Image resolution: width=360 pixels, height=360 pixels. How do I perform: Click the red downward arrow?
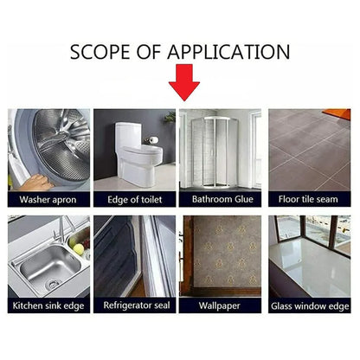[x=184, y=82]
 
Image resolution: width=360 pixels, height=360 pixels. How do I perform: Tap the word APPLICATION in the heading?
[x=228, y=52]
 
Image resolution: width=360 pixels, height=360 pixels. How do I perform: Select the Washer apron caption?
[x=48, y=200]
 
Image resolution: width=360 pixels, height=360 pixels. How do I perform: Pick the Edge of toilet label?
[x=134, y=200]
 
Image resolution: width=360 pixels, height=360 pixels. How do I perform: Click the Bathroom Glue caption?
[x=222, y=199]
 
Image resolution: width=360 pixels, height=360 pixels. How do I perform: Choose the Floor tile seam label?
[x=308, y=199]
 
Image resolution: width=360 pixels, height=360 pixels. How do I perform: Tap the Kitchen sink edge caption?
[x=48, y=305]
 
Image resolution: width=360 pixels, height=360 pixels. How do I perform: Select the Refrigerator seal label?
[x=137, y=305]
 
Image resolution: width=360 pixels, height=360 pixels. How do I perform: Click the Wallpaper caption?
[x=220, y=305]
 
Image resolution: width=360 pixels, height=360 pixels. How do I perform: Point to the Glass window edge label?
[x=310, y=306]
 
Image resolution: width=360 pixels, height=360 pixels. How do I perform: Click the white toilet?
[x=138, y=154]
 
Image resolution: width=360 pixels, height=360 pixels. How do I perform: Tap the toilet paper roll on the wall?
[x=153, y=140]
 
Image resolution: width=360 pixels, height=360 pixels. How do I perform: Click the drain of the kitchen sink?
[x=53, y=285]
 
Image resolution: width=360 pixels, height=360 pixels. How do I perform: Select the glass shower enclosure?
[x=215, y=152]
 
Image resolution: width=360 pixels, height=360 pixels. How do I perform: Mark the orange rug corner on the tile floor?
[x=337, y=114]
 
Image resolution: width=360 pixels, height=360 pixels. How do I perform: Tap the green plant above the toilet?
[x=170, y=117]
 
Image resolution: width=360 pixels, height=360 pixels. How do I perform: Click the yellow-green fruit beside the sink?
[x=78, y=249]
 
